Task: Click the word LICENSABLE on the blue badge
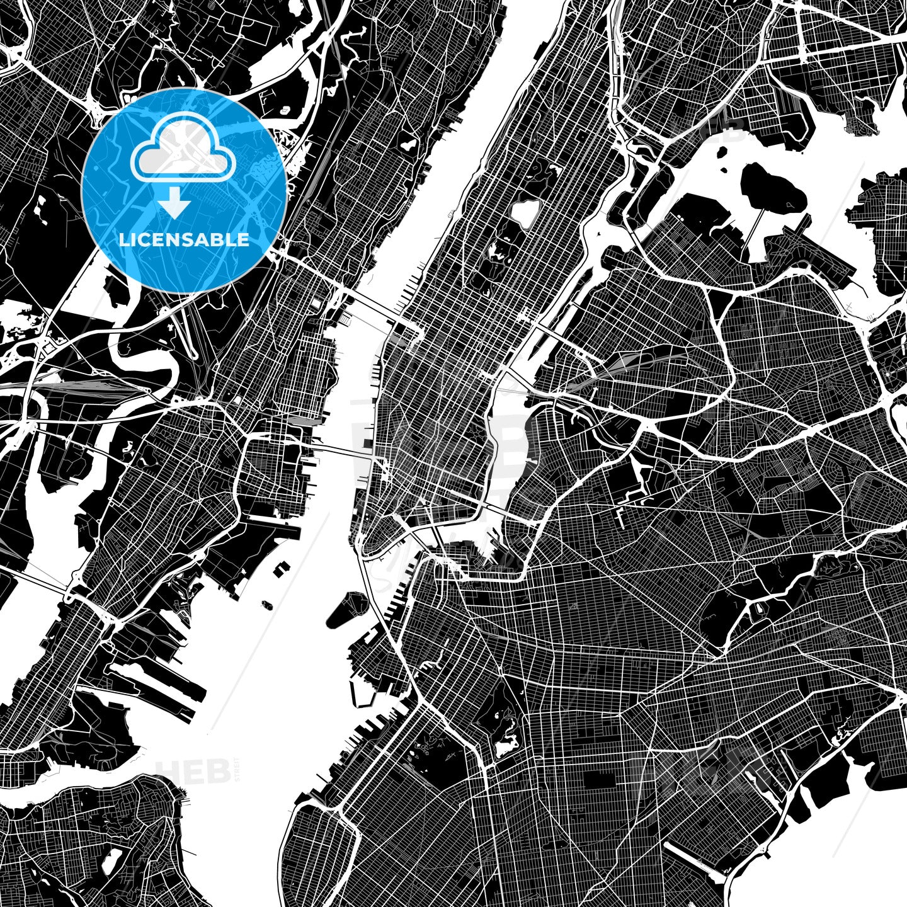click(184, 240)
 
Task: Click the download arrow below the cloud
click(174, 205)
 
